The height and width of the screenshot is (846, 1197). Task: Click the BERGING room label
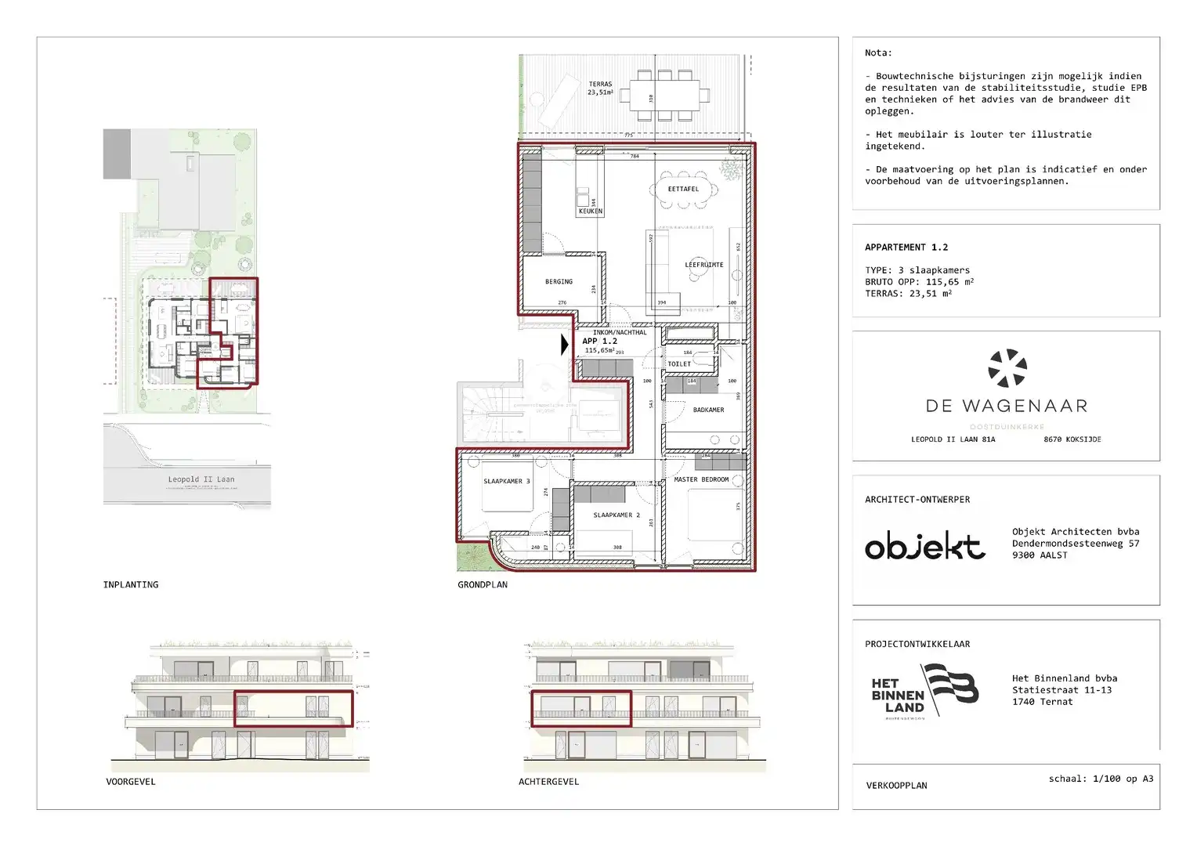pos(559,281)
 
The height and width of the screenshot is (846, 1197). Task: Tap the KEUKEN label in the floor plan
pos(590,211)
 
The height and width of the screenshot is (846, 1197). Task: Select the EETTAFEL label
pos(683,189)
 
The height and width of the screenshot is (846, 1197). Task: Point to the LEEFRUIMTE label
pos(703,265)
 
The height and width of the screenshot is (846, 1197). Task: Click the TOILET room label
pos(679,363)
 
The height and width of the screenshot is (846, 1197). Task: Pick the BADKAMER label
pos(708,410)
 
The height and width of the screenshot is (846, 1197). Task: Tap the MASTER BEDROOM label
pos(701,479)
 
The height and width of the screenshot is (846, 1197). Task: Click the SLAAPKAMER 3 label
pos(506,481)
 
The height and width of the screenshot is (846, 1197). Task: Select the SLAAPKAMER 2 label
pos(616,515)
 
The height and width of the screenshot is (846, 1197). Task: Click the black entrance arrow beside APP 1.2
pos(565,345)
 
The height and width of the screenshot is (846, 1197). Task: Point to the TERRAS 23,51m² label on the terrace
pos(600,88)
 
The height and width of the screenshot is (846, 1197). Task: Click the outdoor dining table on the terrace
pos(664,96)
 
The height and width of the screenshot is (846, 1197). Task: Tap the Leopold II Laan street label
pos(201,479)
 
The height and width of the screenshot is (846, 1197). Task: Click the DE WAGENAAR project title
pos(1006,406)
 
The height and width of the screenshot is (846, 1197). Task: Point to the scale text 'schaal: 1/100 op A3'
pos(1101,779)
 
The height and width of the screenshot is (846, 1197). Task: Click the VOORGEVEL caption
pos(131,782)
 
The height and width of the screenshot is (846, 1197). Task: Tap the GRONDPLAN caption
pos(483,584)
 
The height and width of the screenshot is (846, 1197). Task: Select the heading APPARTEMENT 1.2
pos(906,247)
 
